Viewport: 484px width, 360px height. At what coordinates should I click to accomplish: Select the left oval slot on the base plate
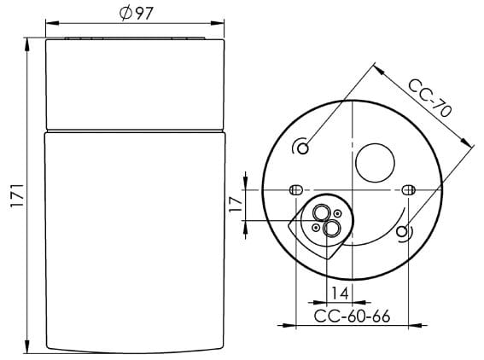point(296,189)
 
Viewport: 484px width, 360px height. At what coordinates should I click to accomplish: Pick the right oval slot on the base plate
point(409,189)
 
